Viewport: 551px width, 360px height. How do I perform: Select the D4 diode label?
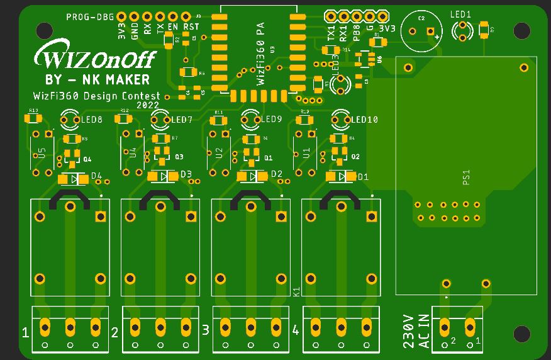pyautogui.click(x=97, y=176)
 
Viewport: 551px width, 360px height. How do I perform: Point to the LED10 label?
pyautogui.click(x=364, y=120)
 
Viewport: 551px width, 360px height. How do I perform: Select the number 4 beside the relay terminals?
pyautogui.click(x=296, y=331)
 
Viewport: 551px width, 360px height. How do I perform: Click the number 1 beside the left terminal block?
pyautogui.click(x=25, y=332)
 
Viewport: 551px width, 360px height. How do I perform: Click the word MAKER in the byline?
pyautogui.click(x=128, y=79)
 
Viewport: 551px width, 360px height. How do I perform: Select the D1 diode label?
pyautogui.click(x=363, y=177)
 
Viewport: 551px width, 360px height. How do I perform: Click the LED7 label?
pyautogui.click(x=181, y=120)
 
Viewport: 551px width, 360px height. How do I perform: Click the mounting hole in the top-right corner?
pyautogui.click(x=521, y=30)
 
